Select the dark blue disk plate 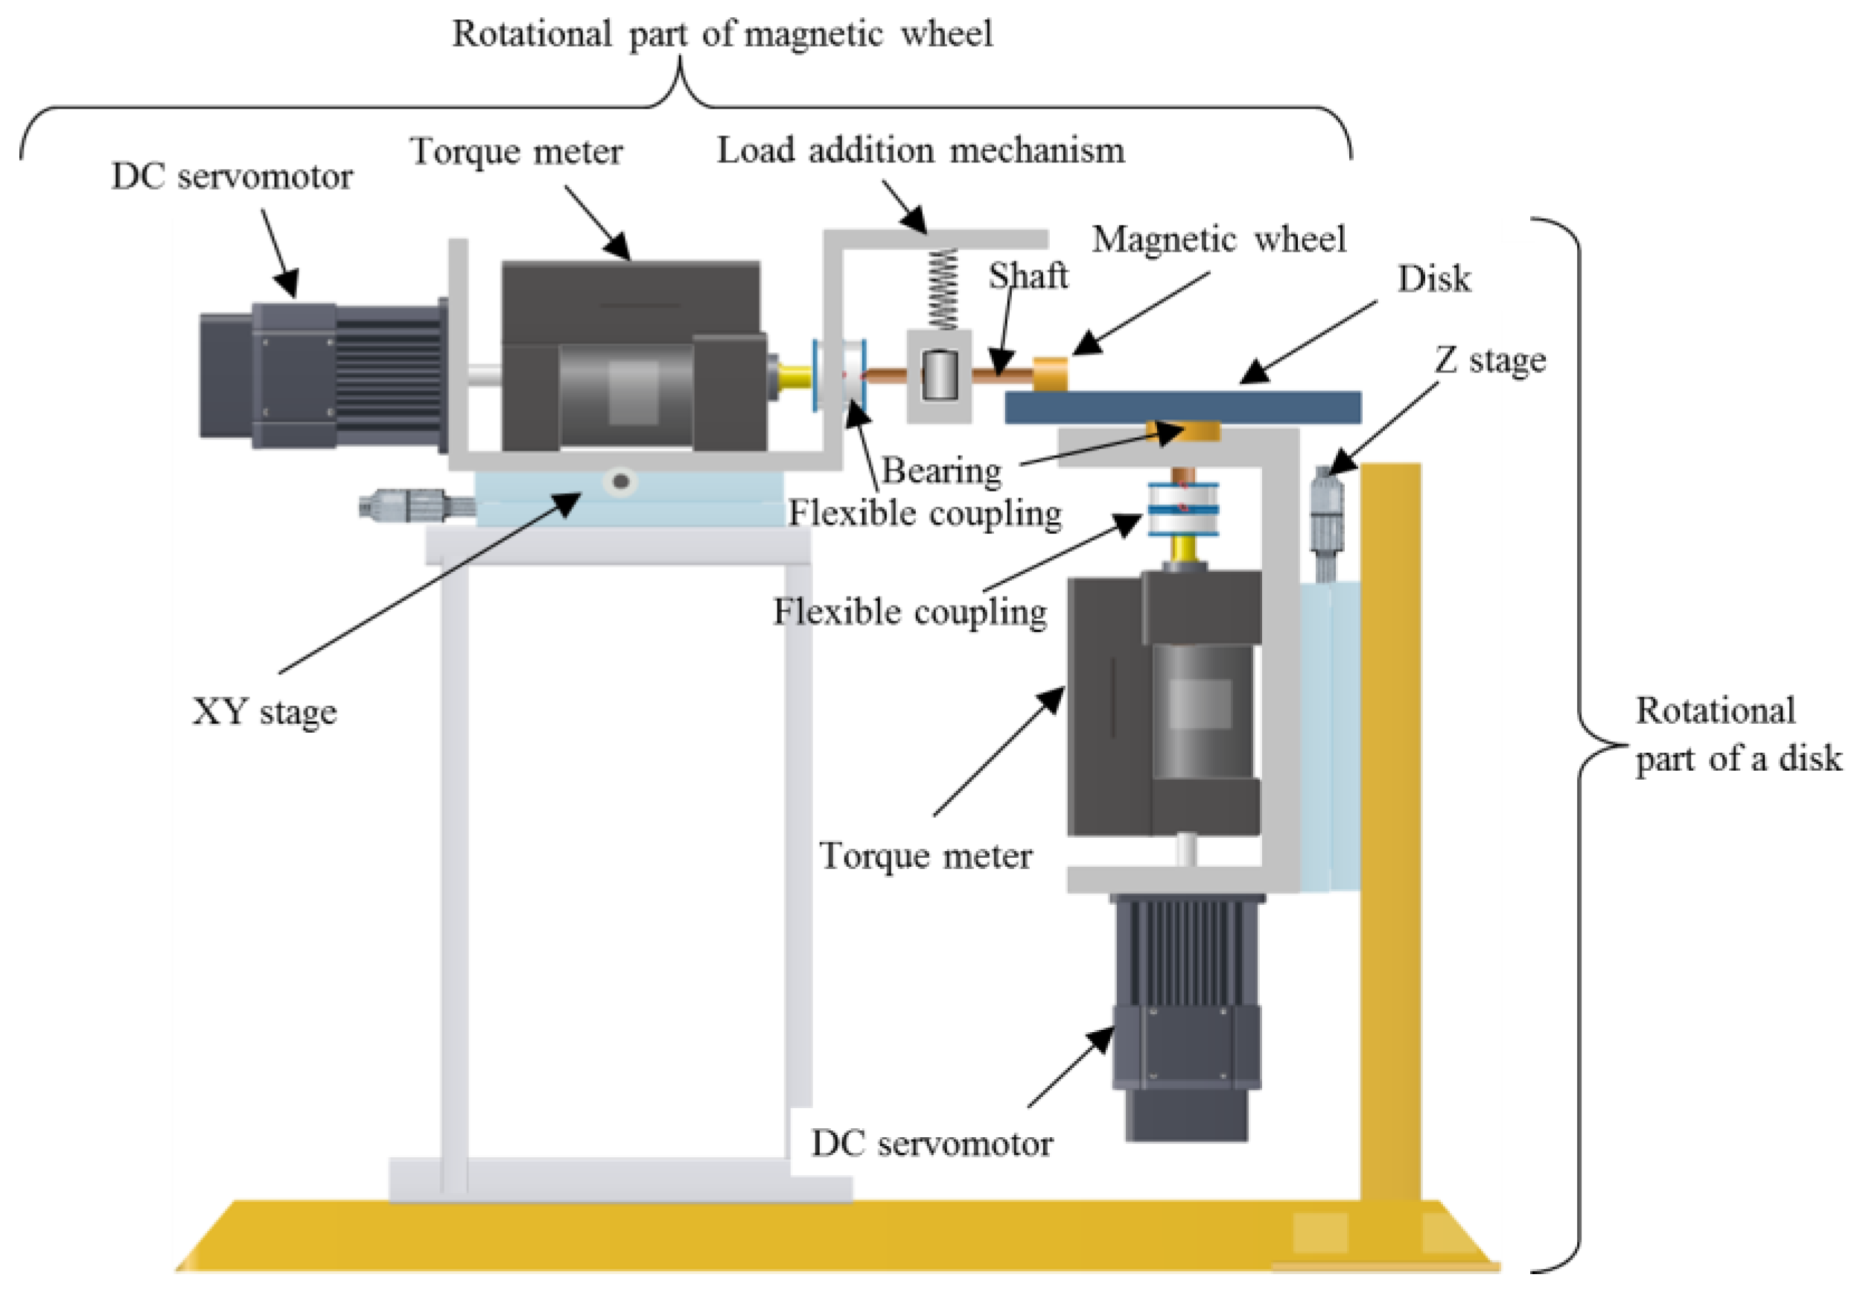[1182, 407]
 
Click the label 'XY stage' [264, 713]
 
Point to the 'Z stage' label [1490, 360]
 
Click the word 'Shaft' [1028, 276]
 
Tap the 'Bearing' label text [941, 471]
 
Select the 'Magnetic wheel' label [1219, 239]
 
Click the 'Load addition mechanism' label [921, 150]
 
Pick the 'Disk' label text [1434, 279]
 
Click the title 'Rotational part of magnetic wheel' [722, 34]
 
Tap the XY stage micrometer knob [417, 506]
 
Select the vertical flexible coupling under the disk [1183, 509]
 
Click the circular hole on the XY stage [621, 482]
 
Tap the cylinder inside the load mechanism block [940, 375]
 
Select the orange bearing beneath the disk [1182, 431]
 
